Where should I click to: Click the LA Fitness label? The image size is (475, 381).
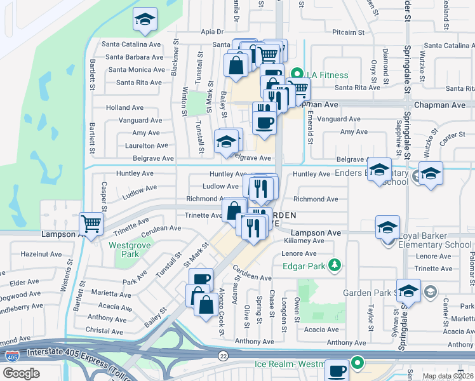point(325,75)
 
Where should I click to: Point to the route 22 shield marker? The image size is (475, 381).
point(223,356)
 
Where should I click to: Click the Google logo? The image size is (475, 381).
point(21,373)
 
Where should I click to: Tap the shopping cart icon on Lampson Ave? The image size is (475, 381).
point(91,224)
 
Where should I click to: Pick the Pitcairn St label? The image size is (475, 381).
point(348,32)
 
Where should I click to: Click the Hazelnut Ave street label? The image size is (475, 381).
point(41,253)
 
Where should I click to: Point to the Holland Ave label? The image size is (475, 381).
point(125,108)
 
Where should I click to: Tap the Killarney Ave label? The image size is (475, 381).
point(305,242)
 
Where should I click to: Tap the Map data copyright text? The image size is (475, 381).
point(448,376)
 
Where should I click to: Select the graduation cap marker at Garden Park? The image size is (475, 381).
point(408,290)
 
